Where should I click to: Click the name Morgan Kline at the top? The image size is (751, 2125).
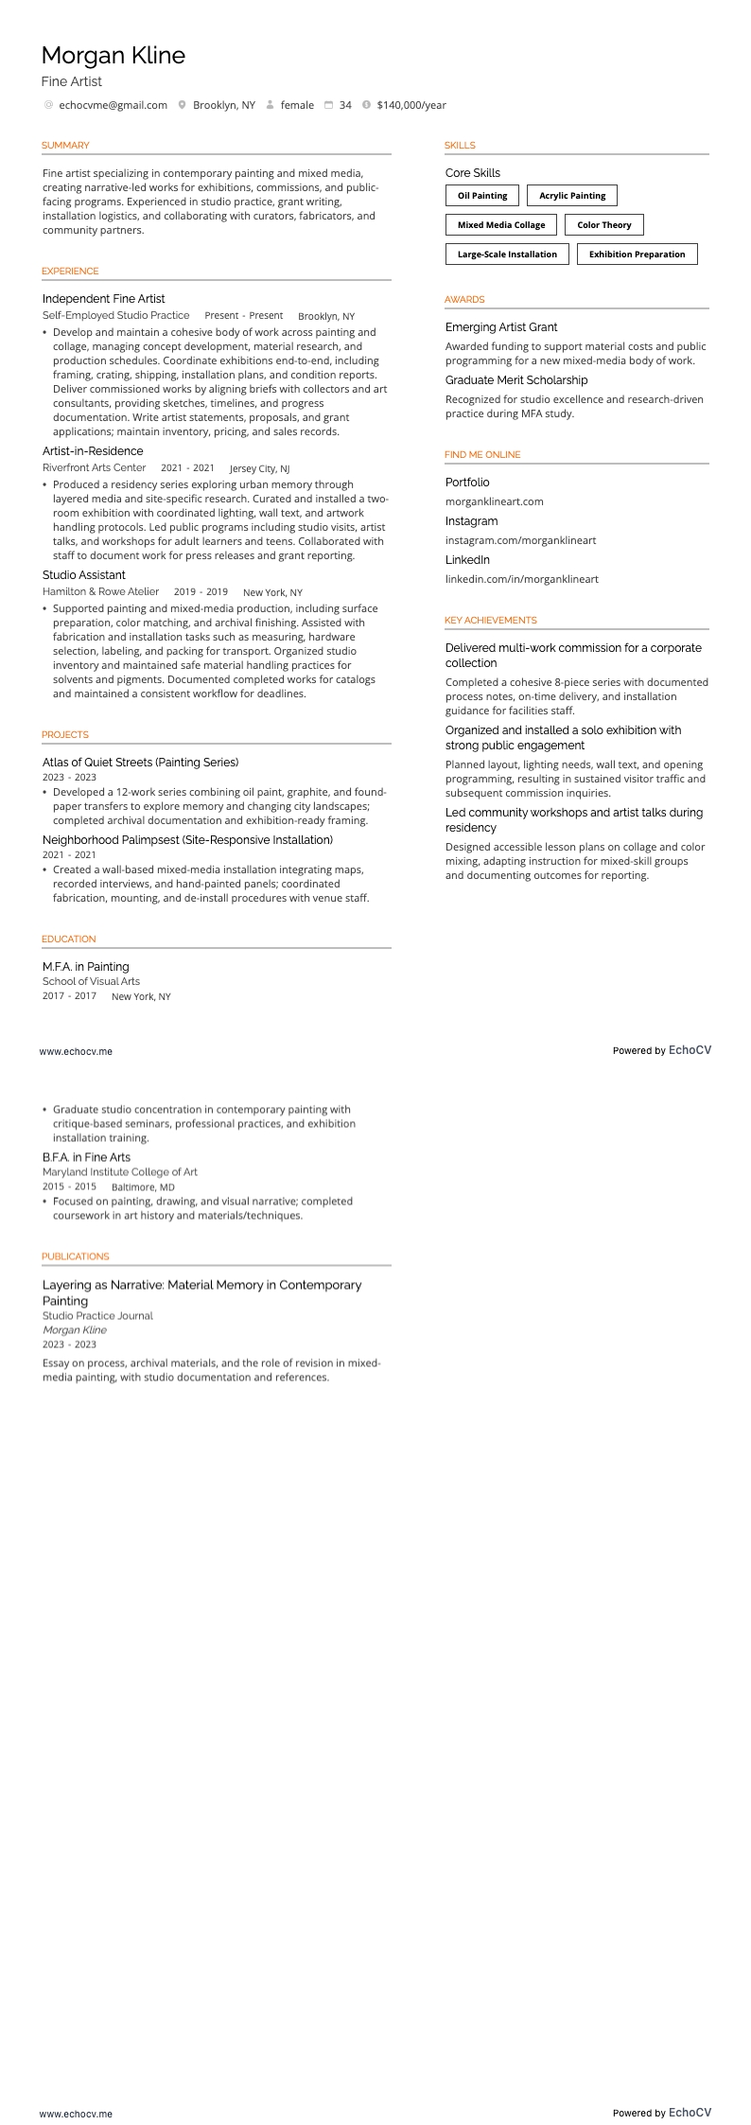[x=114, y=56]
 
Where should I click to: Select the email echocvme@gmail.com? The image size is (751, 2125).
[x=113, y=105]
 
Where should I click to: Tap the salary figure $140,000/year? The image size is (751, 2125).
[x=411, y=105]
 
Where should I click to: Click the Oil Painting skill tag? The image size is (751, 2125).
[x=482, y=196]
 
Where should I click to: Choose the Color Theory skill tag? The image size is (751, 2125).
[x=603, y=225]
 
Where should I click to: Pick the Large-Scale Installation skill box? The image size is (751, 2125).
[x=507, y=255]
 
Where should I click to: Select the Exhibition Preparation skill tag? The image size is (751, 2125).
[x=637, y=255]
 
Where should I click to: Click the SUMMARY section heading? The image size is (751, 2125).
[x=65, y=146]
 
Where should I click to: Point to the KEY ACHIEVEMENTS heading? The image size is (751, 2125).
[x=490, y=621]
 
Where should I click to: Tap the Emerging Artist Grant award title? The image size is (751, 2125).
[x=501, y=327]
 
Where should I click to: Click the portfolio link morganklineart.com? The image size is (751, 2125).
[x=494, y=501]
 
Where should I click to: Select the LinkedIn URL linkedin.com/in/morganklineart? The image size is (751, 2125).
[x=521, y=579]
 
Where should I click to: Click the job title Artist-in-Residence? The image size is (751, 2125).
[x=93, y=451]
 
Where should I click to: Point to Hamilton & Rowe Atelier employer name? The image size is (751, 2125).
[x=100, y=591]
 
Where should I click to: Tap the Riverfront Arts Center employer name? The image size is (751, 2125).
[x=94, y=467]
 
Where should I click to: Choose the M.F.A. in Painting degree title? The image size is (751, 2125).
[x=85, y=967]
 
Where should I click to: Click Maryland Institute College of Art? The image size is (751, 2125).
[x=119, y=1171]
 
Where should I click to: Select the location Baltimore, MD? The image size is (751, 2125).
[x=143, y=1186]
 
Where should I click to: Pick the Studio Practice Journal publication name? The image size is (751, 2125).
[x=97, y=1315]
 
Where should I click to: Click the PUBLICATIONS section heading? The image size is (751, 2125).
[x=75, y=1256]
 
